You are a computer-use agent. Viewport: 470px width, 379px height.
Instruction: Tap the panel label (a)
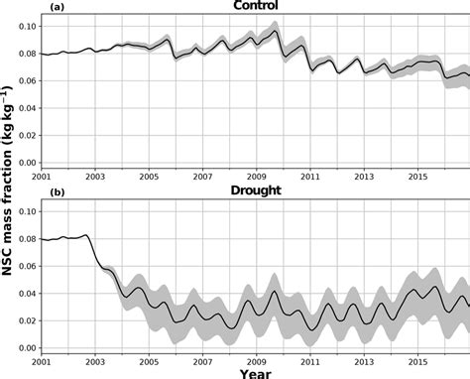tap(57, 7)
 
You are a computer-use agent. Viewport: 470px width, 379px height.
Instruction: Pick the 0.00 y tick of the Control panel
tap(31, 163)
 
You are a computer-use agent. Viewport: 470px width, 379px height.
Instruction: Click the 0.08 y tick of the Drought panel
tap(31, 238)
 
